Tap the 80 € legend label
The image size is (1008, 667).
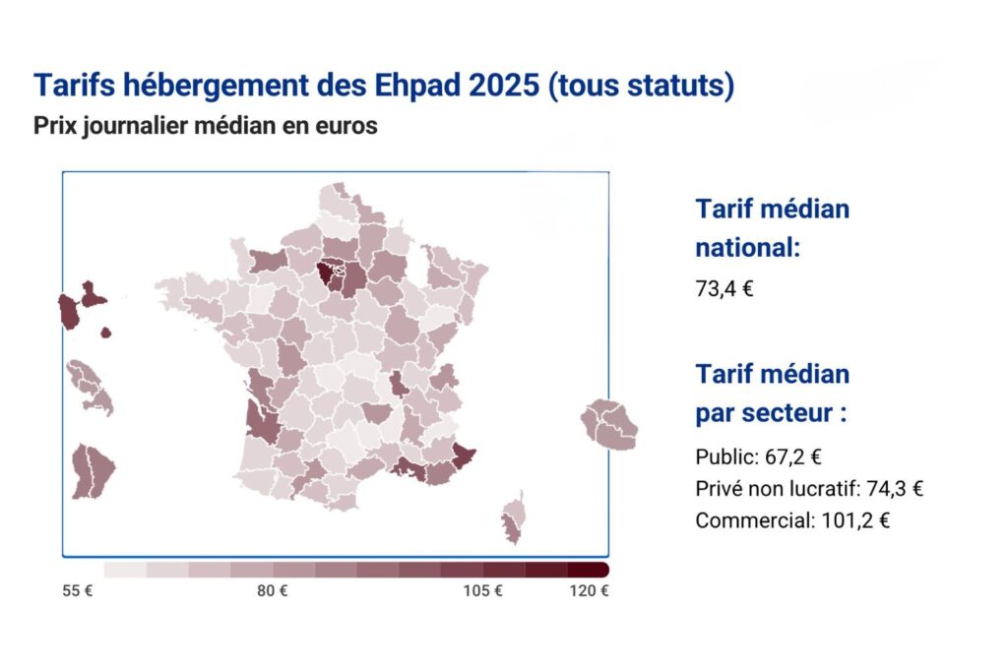tap(272, 591)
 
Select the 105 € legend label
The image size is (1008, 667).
tap(483, 591)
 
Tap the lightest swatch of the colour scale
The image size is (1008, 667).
tap(124, 570)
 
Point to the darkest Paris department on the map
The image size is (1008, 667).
tap(325, 271)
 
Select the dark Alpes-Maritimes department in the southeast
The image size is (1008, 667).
tap(464, 455)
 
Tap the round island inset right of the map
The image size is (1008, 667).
tap(609, 423)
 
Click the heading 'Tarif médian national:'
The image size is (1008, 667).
tap(772, 228)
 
